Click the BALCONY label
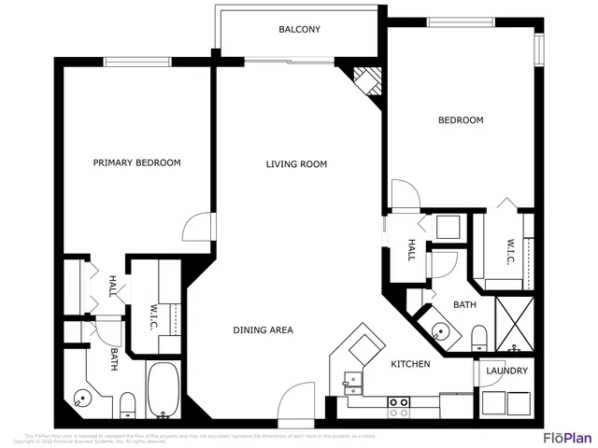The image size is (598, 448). pos(299,30)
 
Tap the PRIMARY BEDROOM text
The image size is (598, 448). pos(136,163)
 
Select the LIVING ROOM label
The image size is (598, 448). pos(296,165)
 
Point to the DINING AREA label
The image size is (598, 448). pos(263,330)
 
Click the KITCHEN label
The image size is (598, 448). pos(410,364)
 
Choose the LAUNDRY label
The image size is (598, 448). pos(506,371)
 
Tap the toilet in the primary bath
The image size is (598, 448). pos(128,404)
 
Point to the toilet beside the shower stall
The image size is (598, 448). pos(478,337)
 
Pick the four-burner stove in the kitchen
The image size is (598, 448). pos(400,406)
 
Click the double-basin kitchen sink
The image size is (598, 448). pos(353,380)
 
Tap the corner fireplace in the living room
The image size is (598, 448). pos(365,80)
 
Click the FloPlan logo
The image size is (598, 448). pos(567,437)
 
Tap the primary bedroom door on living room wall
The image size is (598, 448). pos(199,226)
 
